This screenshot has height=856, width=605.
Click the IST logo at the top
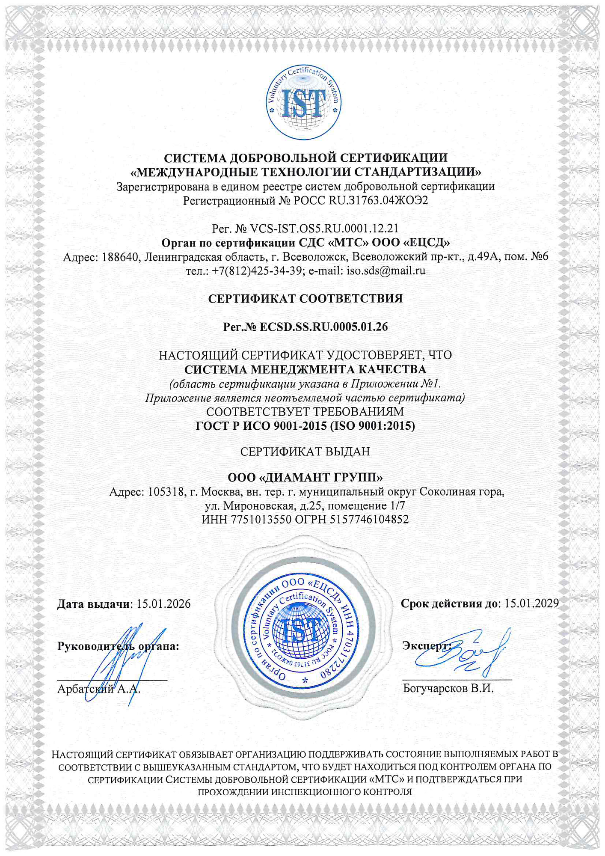(x=303, y=102)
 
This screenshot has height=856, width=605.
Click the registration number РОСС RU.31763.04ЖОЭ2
(x=361, y=200)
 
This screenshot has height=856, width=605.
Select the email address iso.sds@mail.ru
(x=386, y=270)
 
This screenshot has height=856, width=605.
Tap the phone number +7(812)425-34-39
(x=257, y=270)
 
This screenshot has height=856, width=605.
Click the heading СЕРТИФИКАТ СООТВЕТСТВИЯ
(x=305, y=298)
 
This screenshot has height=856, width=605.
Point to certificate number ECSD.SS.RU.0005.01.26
(x=323, y=327)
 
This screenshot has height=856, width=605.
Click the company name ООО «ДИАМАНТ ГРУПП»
(x=305, y=477)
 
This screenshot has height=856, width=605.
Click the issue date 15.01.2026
(x=163, y=604)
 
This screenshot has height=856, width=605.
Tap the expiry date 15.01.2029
(x=531, y=603)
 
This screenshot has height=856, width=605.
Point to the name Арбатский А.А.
(x=99, y=689)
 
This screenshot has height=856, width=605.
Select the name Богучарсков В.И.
(x=448, y=688)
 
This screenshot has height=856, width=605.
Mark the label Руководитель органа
(x=118, y=646)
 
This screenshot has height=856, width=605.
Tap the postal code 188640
(x=121, y=257)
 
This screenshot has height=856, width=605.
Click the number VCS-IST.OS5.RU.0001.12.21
(x=324, y=229)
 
